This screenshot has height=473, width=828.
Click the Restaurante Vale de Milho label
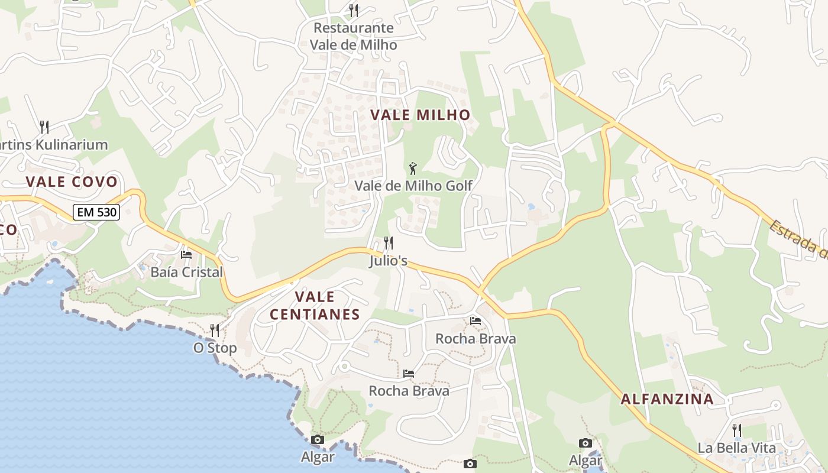[x=354, y=36]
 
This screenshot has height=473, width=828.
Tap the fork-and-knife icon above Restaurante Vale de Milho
[x=354, y=10]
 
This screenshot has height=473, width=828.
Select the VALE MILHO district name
[x=421, y=115]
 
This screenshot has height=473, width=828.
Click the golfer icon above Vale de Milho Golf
[x=413, y=169]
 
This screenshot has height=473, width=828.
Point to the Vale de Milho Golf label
[x=413, y=186]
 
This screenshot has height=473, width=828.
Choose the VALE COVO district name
[x=72, y=182]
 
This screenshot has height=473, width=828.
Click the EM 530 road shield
[x=96, y=212]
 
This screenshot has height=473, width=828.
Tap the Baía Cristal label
[x=187, y=272]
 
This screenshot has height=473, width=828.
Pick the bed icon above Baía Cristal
[x=186, y=255]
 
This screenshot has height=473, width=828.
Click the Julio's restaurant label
[x=389, y=260]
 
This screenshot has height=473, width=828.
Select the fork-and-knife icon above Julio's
[x=389, y=243]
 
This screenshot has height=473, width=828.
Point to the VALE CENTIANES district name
[x=315, y=305]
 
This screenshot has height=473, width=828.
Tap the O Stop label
[x=215, y=348]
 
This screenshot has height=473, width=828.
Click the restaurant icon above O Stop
[x=215, y=330]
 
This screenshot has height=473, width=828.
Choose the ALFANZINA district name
[x=667, y=399]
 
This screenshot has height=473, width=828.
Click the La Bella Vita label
[x=736, y=448]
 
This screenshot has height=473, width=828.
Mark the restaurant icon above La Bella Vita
[x=737, y=430]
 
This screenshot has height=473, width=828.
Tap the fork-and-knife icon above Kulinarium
[x=44, y=127]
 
